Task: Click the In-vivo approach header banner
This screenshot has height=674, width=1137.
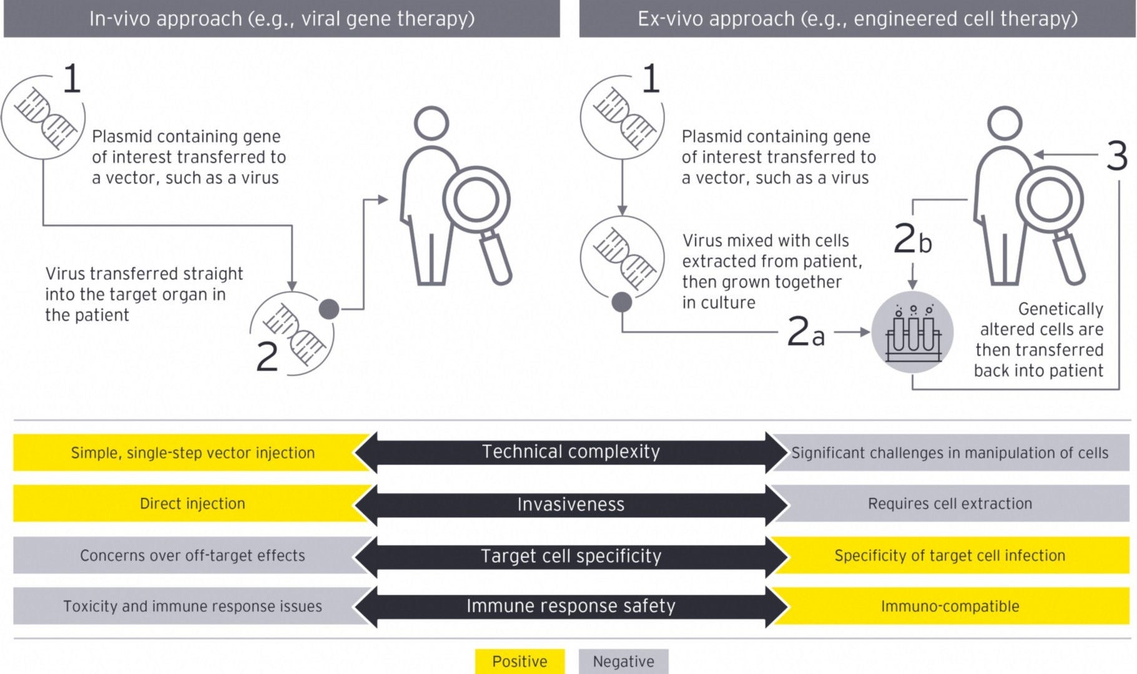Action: coord(282,19)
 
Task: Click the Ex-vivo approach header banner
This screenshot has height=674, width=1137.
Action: coord(857,19)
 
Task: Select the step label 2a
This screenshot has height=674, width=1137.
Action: coord(805,331)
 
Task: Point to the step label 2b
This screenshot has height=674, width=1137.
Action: coord(912,239)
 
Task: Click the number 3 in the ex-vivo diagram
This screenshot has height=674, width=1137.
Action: coord(1116,155)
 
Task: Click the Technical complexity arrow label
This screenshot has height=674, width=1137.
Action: coord(571,452)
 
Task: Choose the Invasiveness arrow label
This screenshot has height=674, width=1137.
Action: coord(571,504)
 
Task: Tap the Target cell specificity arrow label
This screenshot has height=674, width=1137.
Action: coord(571,555)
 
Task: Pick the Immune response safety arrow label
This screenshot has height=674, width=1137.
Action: coord(571,606)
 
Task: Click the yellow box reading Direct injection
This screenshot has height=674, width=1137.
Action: coord(192,504)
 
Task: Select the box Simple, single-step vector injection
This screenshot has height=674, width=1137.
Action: coord(192,452)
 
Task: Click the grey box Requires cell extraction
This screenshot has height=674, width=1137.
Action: coord(950,504)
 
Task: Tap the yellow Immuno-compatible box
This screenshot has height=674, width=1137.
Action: coord(950,606)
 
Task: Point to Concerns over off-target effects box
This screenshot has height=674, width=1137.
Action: coord(192,555)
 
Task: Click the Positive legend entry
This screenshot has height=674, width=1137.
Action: coord(519,662)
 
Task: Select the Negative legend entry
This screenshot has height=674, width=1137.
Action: coord(623,662)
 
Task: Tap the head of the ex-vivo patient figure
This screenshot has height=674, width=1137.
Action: coord(1004,123)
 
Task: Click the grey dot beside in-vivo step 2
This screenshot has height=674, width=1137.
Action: coord(329,308)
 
